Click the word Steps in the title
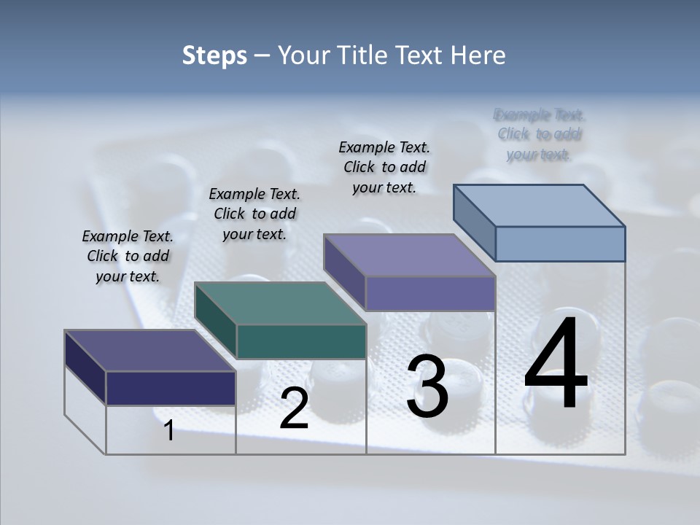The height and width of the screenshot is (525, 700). pos(214,55)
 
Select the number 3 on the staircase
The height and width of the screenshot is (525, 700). pos(427,386)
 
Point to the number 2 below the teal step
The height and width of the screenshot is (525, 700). pos(294,409)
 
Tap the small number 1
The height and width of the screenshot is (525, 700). pos(169,431)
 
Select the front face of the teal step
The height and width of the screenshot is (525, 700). pos(301,342)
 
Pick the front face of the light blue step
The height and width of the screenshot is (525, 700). pos(560,244)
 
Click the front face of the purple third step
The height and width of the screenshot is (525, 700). pos(430,294)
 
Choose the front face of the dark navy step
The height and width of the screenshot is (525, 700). pos(171,388)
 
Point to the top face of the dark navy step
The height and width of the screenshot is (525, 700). pos(149,351)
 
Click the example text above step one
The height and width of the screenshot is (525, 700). pos(128,257)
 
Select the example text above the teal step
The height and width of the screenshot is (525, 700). pos(254,214)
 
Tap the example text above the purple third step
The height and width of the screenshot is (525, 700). pos(384,168)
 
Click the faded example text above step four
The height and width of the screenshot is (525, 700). pos(540,134)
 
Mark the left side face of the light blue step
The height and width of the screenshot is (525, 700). pos(475,222)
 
